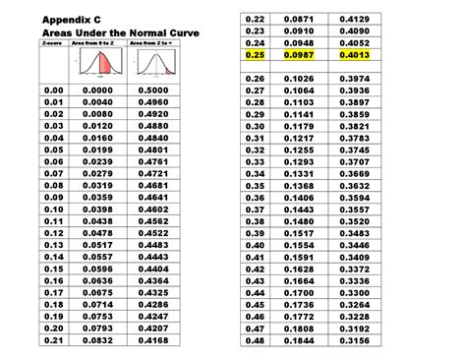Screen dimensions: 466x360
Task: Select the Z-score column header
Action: click(x=52, y=44)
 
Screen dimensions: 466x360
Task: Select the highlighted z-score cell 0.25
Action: click(x=258, y=55)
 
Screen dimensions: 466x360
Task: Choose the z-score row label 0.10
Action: click(x=53, y=209)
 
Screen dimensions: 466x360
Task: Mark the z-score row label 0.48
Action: click(x=258, y=340)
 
